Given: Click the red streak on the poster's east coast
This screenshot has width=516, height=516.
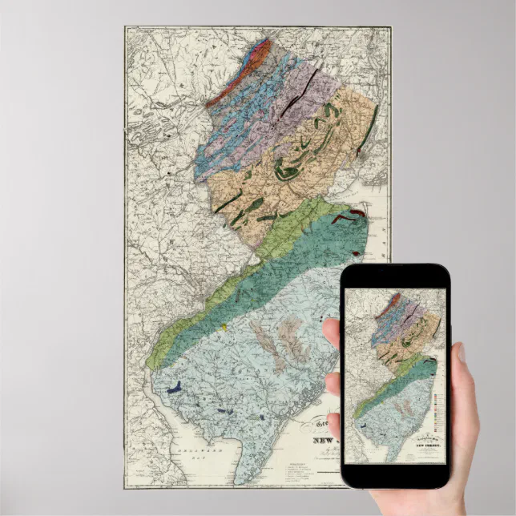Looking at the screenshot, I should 350,212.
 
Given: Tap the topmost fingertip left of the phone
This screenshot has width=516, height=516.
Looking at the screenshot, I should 331,329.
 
